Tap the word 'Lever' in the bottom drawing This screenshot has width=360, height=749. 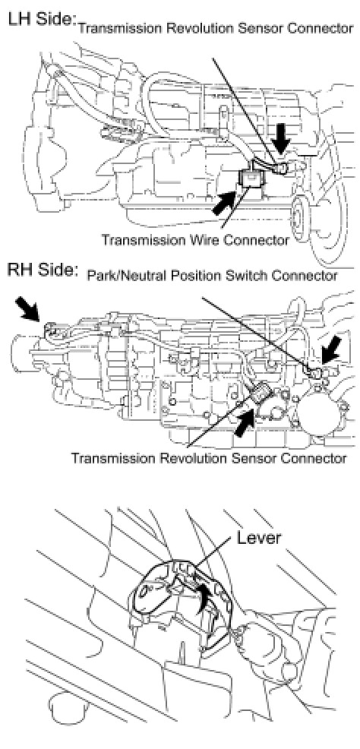(259, 537)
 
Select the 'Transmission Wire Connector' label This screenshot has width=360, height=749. (194, 239)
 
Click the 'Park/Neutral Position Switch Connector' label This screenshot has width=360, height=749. (212, 276)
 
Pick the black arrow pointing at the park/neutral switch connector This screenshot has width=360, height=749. (331, 350)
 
